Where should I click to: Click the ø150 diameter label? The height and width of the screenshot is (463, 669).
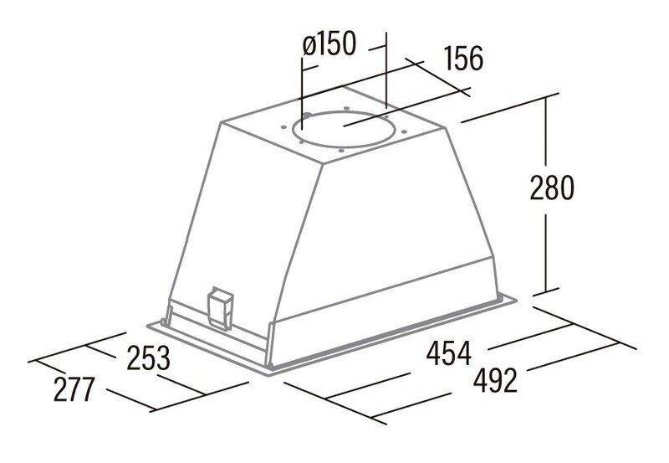click(329, 44)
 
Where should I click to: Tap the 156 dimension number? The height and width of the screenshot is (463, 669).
click(464, 58)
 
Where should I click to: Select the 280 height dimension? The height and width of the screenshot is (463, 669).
click(552, 188)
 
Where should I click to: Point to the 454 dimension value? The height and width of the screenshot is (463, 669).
click(449, 353)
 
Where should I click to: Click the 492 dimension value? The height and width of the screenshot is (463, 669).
click(495, 381)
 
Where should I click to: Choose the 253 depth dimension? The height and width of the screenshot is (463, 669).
click(149, 358)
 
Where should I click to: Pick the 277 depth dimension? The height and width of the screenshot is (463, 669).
click(74, 389)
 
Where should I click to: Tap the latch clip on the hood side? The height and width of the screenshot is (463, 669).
click(220, 310)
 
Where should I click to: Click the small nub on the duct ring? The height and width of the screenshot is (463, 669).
click(307, 115)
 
